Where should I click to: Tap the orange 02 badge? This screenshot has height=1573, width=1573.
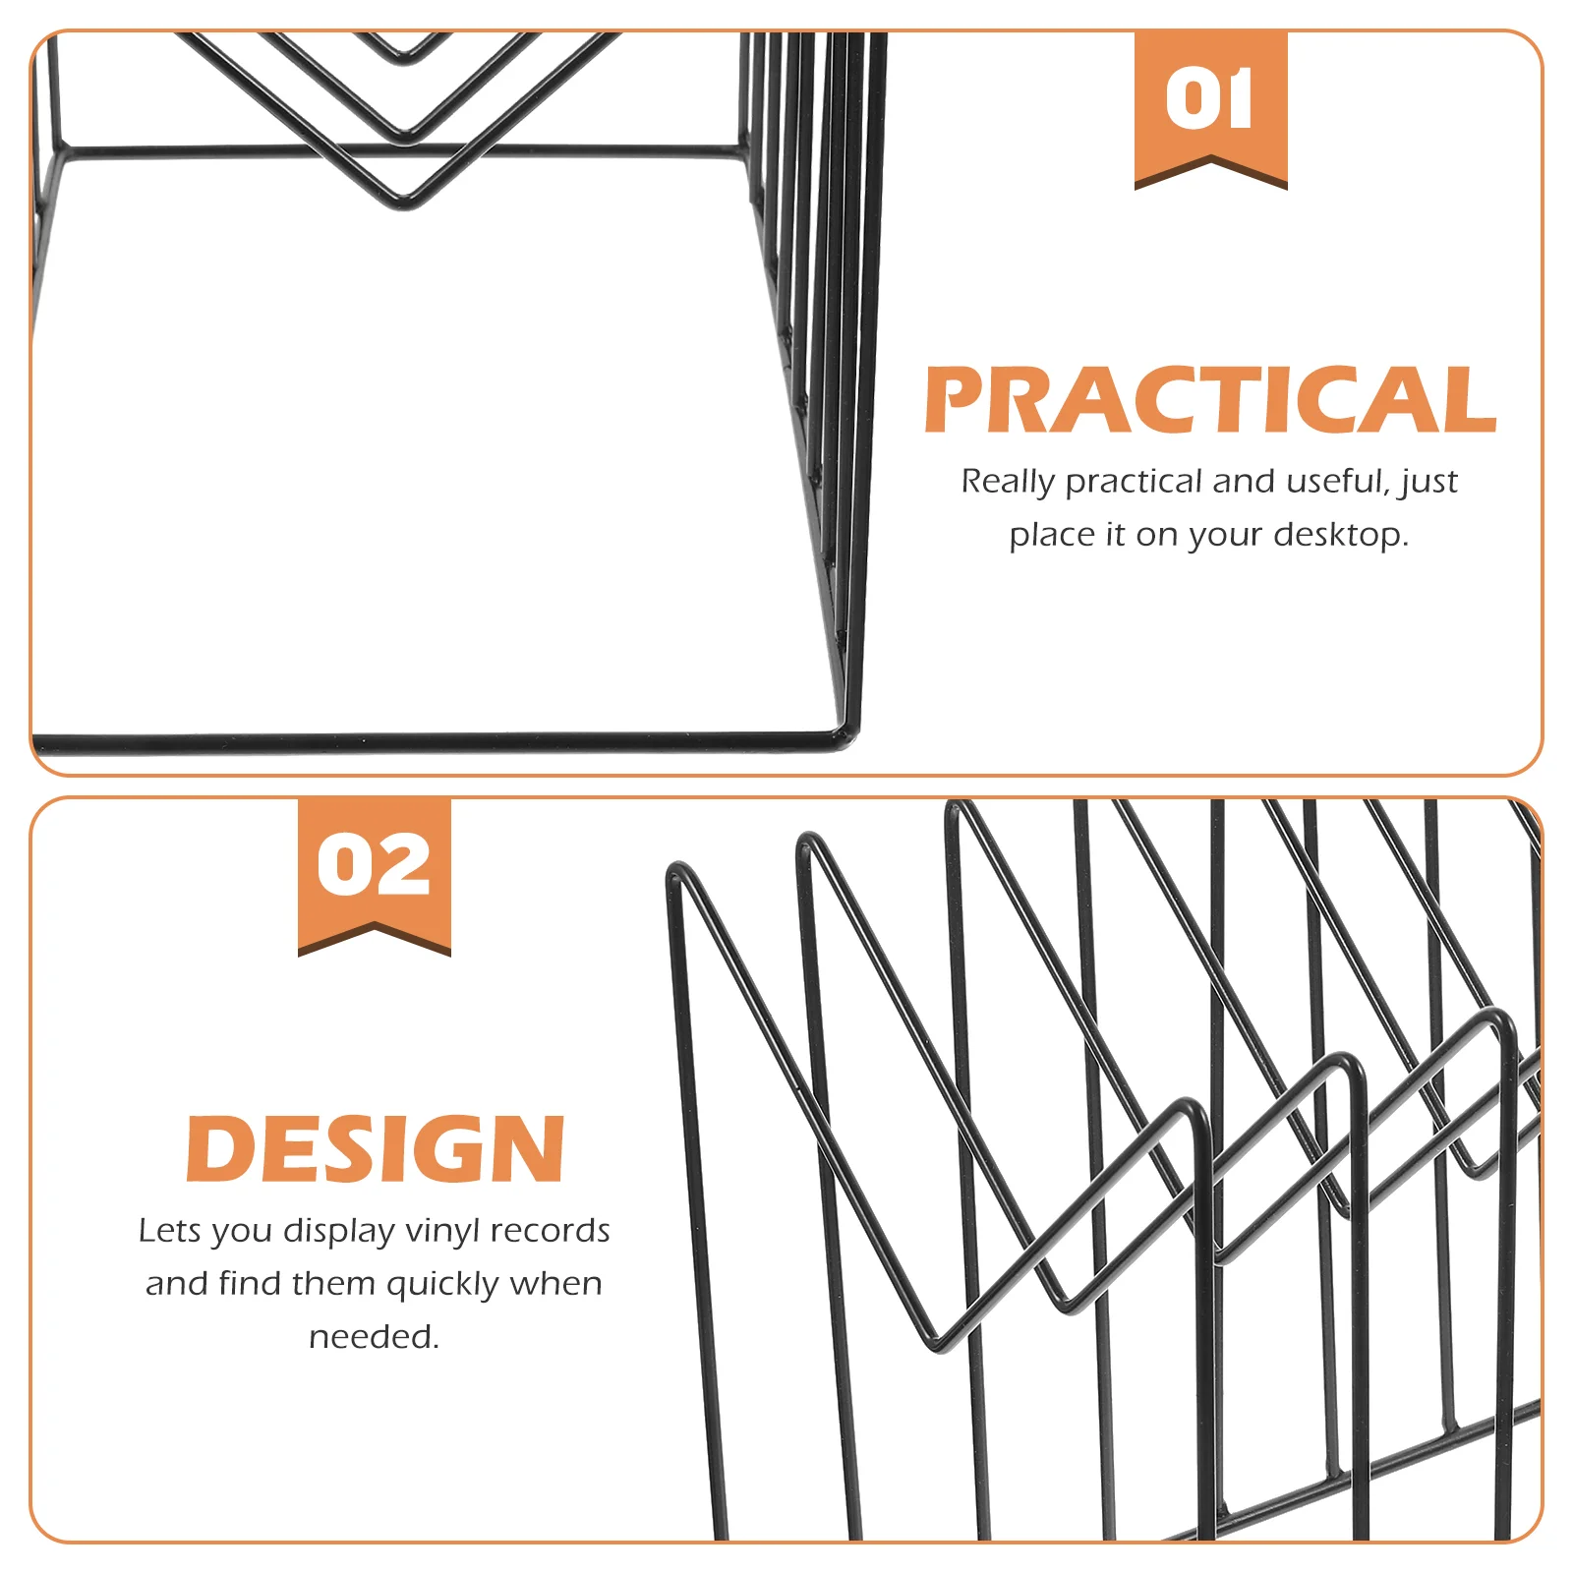click(375, 874)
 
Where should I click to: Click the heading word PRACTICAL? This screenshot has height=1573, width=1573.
click(1210, 399)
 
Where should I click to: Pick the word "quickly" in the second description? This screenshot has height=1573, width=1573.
click(443, 1285)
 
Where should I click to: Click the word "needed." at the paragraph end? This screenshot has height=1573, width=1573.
click(375, 1337)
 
